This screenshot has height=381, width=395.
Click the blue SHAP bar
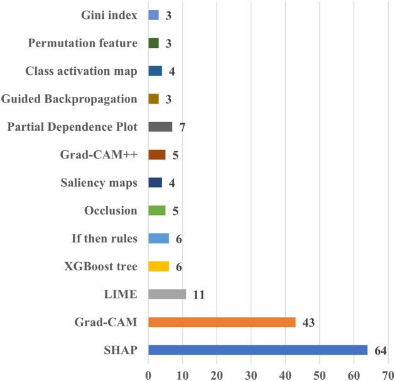(257, 350)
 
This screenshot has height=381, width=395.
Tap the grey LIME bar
(167, 294)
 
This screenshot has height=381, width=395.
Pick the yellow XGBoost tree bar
(158, 267)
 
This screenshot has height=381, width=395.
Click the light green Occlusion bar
(156, 211)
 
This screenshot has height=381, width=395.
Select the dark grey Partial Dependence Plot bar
(160, 127)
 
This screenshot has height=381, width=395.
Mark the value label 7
(182, 128)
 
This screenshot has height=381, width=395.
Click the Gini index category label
(109, 15)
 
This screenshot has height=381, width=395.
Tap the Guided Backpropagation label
(69, 99)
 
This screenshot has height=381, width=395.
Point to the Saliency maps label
(99, 183)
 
